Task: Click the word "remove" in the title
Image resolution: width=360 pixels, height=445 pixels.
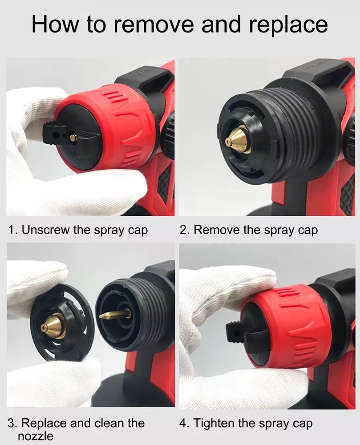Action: click(154, 24)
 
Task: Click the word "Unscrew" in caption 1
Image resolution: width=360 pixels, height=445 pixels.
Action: click(46, 230)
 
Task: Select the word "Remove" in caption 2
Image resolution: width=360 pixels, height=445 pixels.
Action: click(217, 230)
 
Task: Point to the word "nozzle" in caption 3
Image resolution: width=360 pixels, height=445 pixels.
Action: click(36, 436)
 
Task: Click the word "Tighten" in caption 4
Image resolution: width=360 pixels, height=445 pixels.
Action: click(214, 423)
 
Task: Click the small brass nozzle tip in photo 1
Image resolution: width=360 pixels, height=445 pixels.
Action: click(73, 138)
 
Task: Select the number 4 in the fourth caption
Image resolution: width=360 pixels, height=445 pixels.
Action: click(183, 423)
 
